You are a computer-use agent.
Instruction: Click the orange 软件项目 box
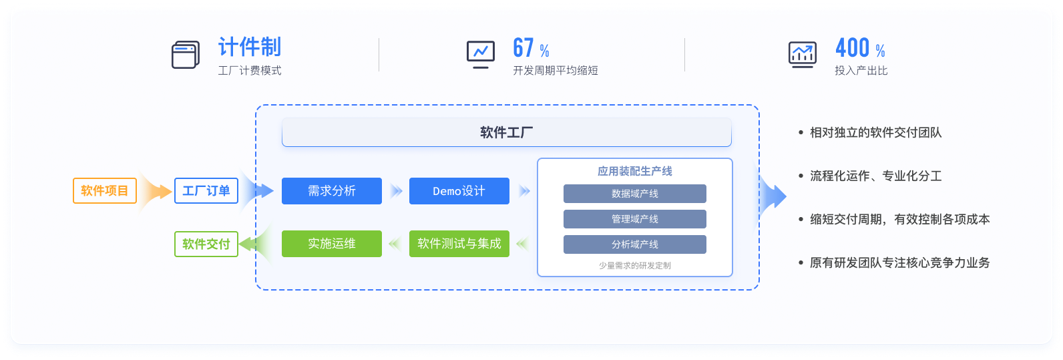pos(105,191)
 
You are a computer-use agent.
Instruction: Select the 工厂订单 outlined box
pos(206,191)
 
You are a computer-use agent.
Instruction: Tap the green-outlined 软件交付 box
pos(206,244)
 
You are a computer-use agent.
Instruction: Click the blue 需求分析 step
pos(332,191)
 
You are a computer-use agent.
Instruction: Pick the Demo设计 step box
pos(459,191)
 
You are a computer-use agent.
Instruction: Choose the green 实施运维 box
pos(332,244)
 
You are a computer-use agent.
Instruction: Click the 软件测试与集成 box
pos(459,244)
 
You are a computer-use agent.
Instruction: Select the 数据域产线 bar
pos(634,194)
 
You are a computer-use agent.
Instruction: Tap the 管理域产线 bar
pos(634,219)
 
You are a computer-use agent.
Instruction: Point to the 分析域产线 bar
pos(634,244)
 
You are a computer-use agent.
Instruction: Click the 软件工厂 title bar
pos(506,132)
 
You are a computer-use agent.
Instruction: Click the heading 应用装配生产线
pos(634,171)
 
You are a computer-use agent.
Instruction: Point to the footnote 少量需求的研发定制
pos(634,266)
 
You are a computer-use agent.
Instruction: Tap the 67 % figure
pos(531,48)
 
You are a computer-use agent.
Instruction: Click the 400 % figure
pos(860,48)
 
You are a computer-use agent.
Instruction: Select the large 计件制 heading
pos(250,47)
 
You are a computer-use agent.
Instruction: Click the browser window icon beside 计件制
pos(186,55)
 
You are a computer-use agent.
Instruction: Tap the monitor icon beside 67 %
pos(481,54)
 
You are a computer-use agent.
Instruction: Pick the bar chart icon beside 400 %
pos(802,54)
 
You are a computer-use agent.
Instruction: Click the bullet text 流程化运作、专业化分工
pos(875,176)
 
